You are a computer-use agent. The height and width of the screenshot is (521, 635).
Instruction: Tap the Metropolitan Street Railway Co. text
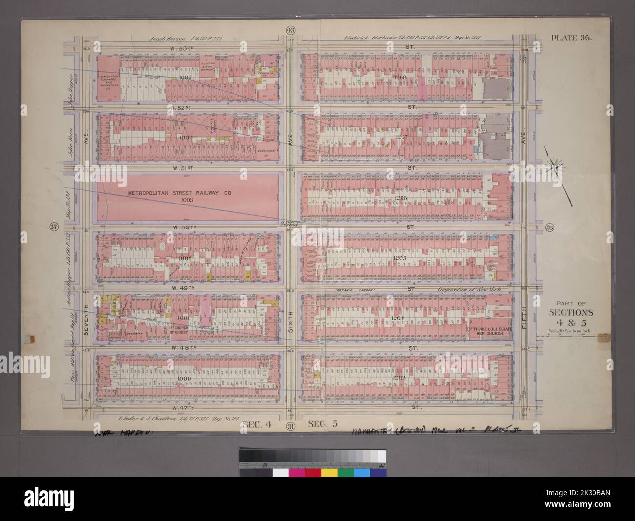181,193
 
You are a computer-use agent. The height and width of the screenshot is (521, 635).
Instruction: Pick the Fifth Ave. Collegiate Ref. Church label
489,332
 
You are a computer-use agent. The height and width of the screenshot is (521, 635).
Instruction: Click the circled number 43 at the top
291,32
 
